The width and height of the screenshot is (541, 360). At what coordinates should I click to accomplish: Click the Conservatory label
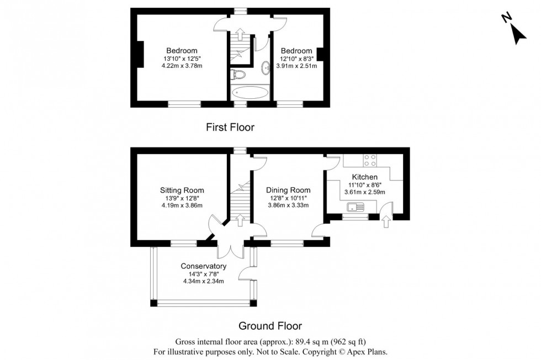coord(204,266)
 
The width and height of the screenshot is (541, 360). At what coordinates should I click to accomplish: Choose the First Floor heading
coord(230,128)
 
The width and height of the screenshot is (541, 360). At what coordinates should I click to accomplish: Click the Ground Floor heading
coord(270,326)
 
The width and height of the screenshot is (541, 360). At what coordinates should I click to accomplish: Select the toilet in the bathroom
coord(238,74)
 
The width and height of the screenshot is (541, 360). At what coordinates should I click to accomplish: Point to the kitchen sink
coord(354,208)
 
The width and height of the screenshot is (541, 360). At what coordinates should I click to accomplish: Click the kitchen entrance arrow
coord(385,223)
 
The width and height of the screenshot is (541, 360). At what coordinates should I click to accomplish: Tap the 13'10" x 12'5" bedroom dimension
coord(182,59)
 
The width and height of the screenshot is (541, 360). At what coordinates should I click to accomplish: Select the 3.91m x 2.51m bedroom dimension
coord(296,66)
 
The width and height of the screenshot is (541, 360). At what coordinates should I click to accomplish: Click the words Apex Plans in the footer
coord(373,351)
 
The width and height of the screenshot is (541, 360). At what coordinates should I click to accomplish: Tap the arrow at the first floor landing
coord(240,35)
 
